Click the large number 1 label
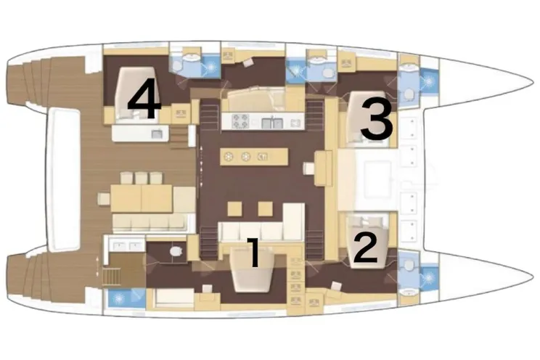tap(254, 253)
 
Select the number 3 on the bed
tap(376, 119)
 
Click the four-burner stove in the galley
tap(240, 121)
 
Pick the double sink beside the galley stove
tap(272, 123)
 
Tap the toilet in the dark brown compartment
tap(176, 251)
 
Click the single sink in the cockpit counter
tap(157, 134)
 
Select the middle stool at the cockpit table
tap(142, 178)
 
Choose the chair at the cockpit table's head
tap(104, 198)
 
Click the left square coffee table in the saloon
tap(235, 209)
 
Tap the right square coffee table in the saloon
tap(266, 209)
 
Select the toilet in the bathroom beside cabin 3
tap(409, 94)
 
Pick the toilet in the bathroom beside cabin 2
tap(409, 265)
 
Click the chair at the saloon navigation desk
tap(308, 169)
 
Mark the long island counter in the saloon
tap(254, 157)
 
